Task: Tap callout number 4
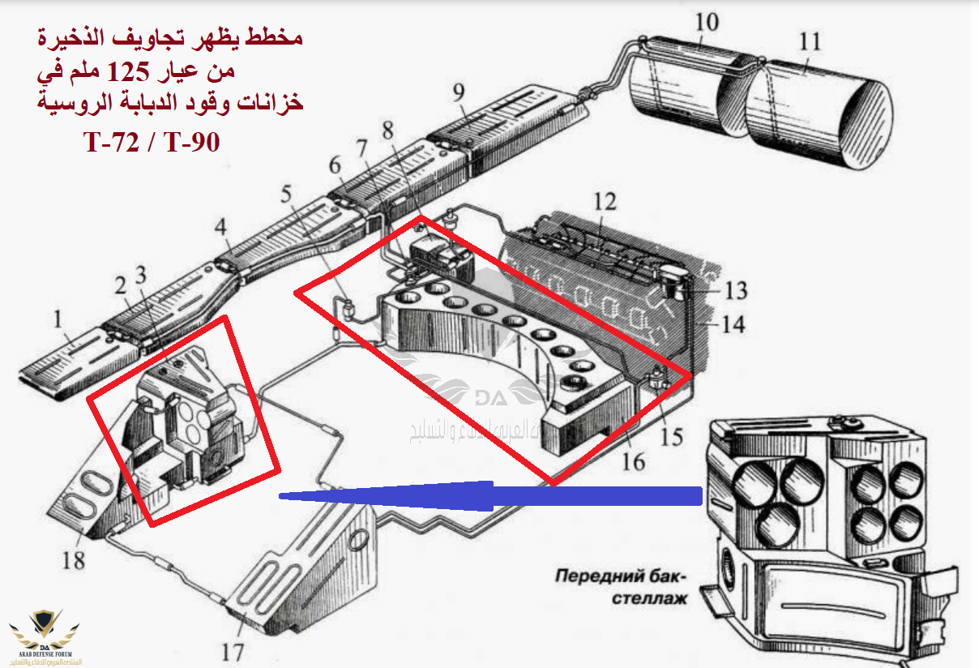tap(220, 228)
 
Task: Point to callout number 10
tap(707, 22)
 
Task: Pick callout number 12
tap(605, 202)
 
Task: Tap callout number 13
tap(736, 290)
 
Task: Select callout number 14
tap(733, 325)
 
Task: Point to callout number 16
tap(633, 463)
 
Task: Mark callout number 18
tap(74, 559)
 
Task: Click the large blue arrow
tap(486, 494)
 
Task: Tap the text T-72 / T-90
tap(152, 143)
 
